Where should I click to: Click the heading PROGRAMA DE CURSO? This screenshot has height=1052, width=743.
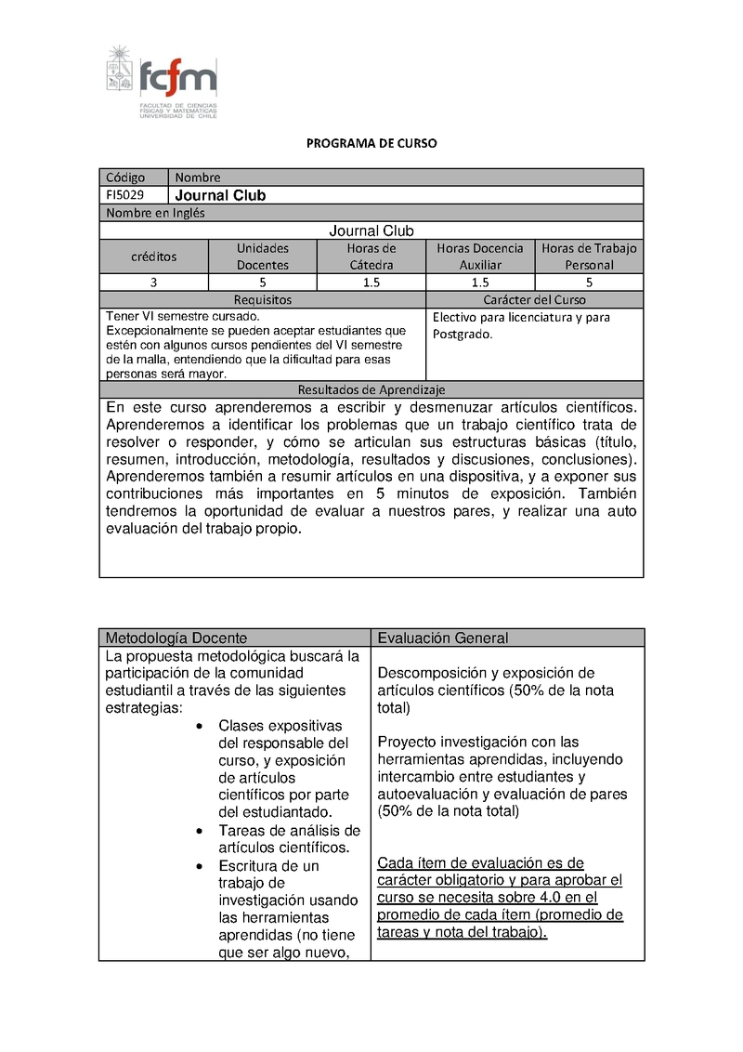[371, 144]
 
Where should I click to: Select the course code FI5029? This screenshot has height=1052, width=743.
[124, 195]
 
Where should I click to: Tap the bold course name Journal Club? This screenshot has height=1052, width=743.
[220, 195]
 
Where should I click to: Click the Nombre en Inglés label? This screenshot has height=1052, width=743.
[155, 213]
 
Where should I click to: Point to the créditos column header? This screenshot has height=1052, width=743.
[153, 256]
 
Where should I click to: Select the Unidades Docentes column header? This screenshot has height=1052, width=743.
[263, 256]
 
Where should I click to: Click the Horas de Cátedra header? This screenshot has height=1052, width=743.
[371, 256]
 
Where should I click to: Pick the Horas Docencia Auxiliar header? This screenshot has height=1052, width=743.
[480, 256]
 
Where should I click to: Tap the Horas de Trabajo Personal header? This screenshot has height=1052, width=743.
[590, 256]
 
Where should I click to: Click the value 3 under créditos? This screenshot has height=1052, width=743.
[153, 283]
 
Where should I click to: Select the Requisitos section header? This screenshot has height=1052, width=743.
[262, 300]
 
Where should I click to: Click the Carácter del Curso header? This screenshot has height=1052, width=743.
[534, 300]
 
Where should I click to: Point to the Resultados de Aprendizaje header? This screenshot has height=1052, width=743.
[371, 390]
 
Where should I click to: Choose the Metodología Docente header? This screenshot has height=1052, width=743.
[176, 638]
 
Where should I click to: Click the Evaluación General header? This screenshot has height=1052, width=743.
[443, 638]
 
